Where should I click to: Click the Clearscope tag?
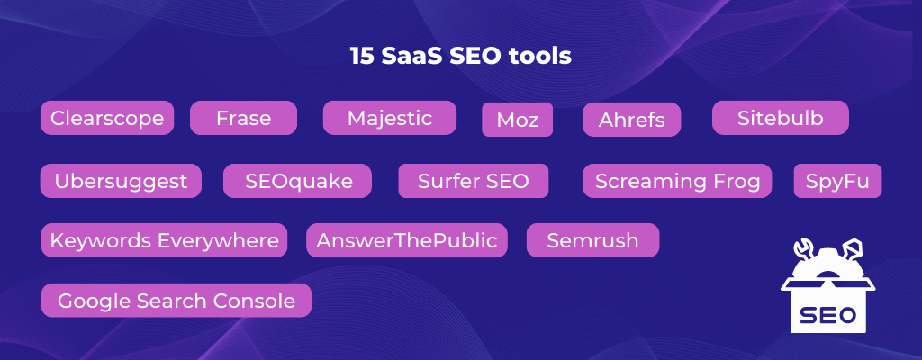point(107,118)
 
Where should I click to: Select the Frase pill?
point(243,118)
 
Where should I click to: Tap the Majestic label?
point(390,118)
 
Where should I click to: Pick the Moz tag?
point(518,120)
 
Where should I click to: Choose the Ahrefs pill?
point(631,120)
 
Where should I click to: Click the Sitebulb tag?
point(781,118)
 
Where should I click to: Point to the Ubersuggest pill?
point(121,181)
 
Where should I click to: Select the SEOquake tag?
point(297,181)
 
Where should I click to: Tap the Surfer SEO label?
point(474,181)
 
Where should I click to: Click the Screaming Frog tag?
point(677,181)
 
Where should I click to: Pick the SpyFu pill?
point(838,181)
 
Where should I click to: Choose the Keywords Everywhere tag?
point(164,240)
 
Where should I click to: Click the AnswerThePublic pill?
point(407,240)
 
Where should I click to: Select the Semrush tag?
point(592,240)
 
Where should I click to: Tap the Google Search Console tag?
point(176,301)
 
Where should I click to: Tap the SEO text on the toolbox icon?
point(828,316)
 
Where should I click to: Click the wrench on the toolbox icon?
point(803,251)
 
